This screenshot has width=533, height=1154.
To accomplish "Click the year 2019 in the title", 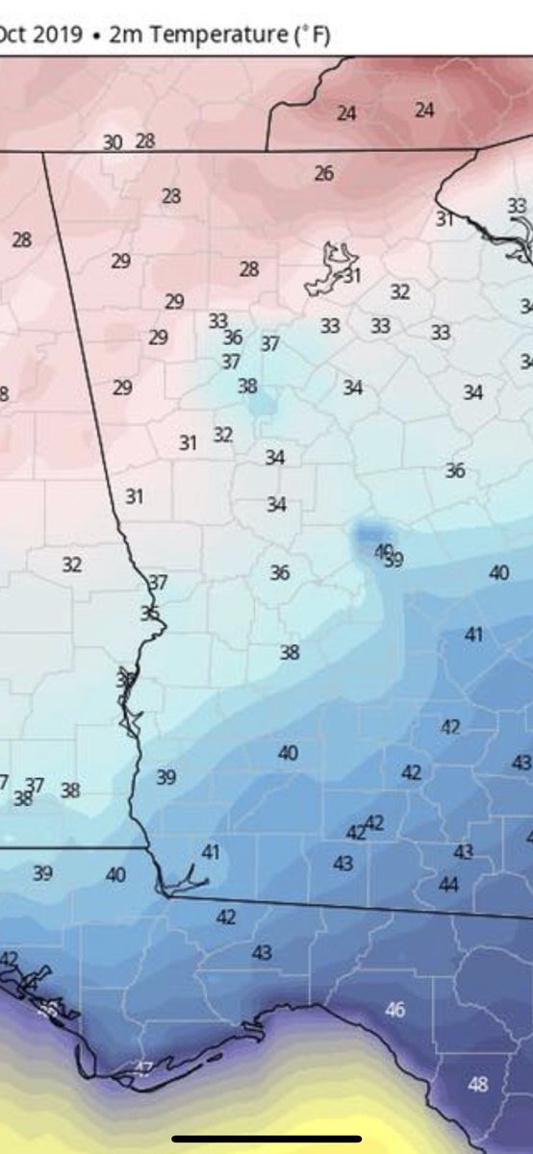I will point(49,35).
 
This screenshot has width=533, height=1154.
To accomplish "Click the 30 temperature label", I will point(113,142).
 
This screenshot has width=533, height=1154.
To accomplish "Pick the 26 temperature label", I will point(324,174).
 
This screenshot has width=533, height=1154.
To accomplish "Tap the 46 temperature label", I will point(394,1010).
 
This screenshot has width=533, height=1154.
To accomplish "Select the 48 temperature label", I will point(477,1085).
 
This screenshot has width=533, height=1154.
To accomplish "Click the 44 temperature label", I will point(448,885).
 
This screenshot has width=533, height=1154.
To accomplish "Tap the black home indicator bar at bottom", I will point(266,1139).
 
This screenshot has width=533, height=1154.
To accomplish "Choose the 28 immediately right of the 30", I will point(145,141).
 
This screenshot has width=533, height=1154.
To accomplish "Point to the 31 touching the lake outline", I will point(352,276).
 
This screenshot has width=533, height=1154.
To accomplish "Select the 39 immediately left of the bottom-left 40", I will point(42,874).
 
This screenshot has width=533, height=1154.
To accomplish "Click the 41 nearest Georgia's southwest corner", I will point(211,852).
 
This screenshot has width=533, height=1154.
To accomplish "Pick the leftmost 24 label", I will point(346,113).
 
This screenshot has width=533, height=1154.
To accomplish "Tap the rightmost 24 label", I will point(424,111).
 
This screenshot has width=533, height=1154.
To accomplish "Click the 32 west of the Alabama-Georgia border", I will point(72,564).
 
